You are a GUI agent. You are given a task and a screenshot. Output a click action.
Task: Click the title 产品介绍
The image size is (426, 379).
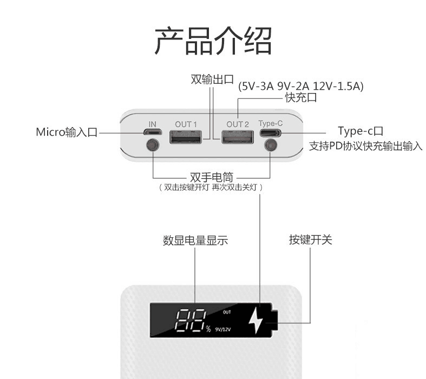pyautogui.click(x=213, y=40)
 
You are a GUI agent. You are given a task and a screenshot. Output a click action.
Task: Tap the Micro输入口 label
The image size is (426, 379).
pyautogui.click(x=67, y=132)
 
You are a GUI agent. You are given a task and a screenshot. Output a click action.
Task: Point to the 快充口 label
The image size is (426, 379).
pyautogui.click(x=300, y=98)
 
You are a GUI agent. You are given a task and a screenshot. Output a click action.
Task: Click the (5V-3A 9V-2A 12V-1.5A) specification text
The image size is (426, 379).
pyautogui.click(x=301, y=86)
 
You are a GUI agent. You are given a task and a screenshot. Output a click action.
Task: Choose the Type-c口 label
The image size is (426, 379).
pyautogui.click(x=361, y=131)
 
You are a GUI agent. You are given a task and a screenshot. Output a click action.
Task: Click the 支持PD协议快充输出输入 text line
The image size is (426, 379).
pyautogui.click(x=365, y=147)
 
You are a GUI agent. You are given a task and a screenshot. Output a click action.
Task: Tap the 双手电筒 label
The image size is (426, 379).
pyautogui.click(x=211, y=177)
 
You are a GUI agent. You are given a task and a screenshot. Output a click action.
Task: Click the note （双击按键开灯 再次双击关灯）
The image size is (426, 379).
pyautogui.click(x=211, y=188)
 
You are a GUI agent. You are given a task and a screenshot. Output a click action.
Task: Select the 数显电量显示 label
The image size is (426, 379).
pyautogui.click(x=195, y=240)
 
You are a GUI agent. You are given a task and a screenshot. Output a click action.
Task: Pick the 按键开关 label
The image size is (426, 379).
pyautogui.click(x=310, y=240)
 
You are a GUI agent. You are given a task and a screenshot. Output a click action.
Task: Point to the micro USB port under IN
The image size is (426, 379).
pyautogui.click(x=153, y=132)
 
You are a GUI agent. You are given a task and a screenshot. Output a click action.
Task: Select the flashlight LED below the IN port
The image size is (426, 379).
pyautogui.click(x=153, y=145)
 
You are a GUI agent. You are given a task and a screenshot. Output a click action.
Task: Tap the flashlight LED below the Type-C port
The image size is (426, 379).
pyautogui.click(x=270, y=145)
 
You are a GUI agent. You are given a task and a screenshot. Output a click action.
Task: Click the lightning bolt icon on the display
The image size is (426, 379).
pyautogui.click(x=255, y=321)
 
